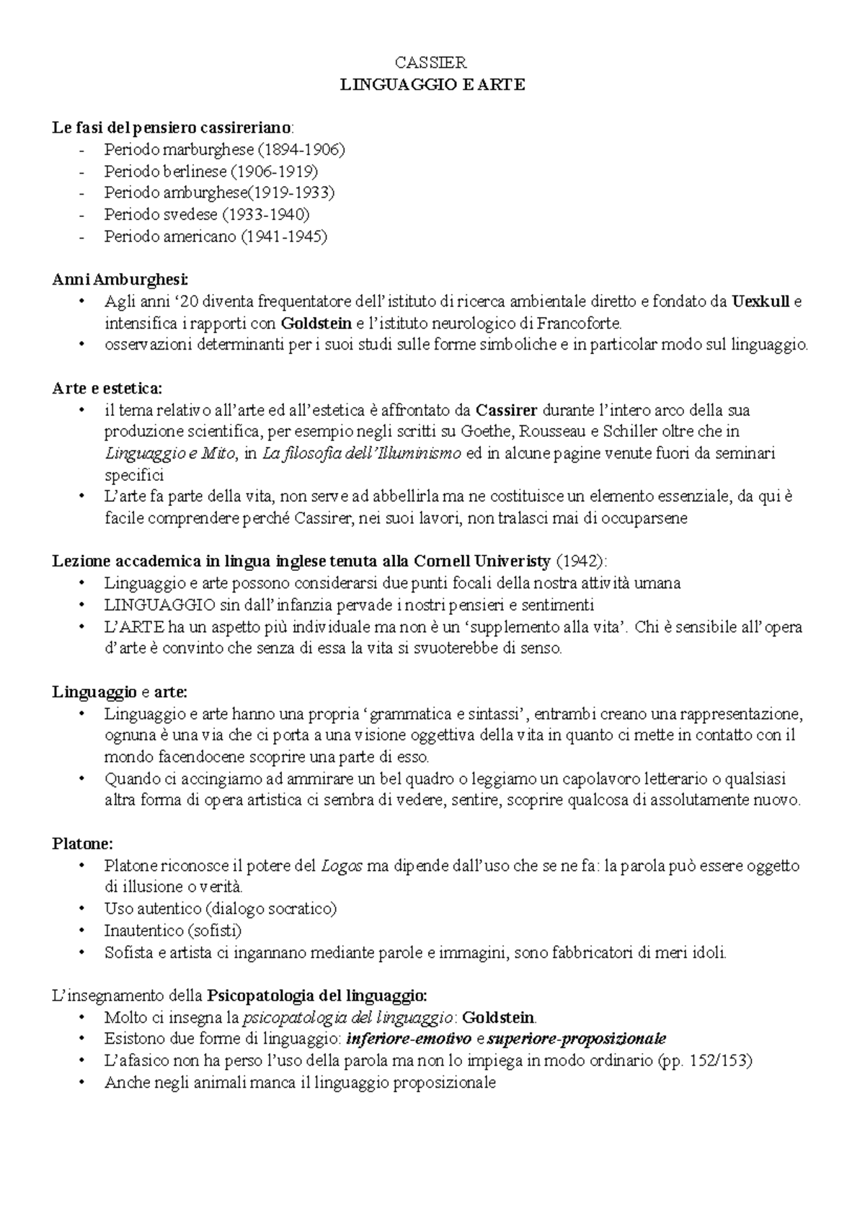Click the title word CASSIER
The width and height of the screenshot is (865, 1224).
pos(432,63)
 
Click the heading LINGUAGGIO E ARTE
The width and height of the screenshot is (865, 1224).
pos(432,84)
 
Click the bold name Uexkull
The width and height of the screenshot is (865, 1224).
pos(760,301)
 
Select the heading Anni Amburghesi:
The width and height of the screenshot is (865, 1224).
pos(120,280)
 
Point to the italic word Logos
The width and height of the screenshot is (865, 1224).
pos(341,866)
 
